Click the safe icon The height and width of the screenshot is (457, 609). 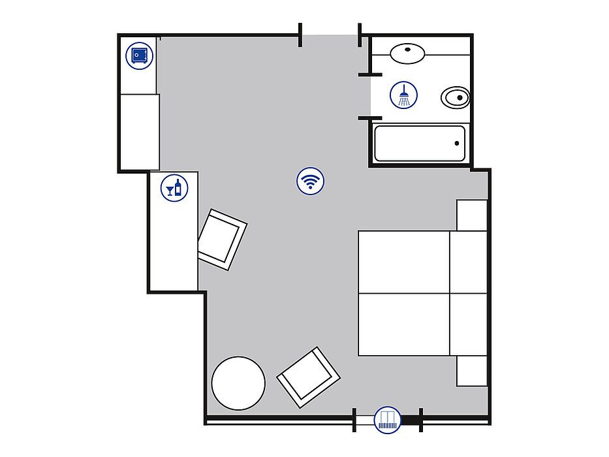pyautogui.click(x=138, y=55)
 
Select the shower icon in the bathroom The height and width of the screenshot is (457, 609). pyautogui.click(x=404, y=95)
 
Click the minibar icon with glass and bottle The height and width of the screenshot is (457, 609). pyautogui.click(x=174, y=188)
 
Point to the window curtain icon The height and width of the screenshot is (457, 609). pyautogui.click(x=388, y=419)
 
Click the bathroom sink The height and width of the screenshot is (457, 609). pyautogui.click(x=408, y=53)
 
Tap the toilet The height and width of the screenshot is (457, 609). pyautogui.click(x=455, y=98)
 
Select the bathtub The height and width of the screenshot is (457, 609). pyautogui.click(x=420, y=143)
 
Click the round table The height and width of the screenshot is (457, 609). pyautogui.click(x=239, y=383)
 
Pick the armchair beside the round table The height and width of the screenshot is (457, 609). pyautogui.click(x=309, y=377)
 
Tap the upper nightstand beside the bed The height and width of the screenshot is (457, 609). pyautogui.click(x=472, y=215)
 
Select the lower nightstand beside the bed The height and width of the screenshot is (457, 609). pyautogui.click(x=472, y=371)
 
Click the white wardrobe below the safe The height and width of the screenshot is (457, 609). pyautogui.click(x=140, y=131)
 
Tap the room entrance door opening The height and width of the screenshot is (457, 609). pyautogui.click(x=330, y=37)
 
